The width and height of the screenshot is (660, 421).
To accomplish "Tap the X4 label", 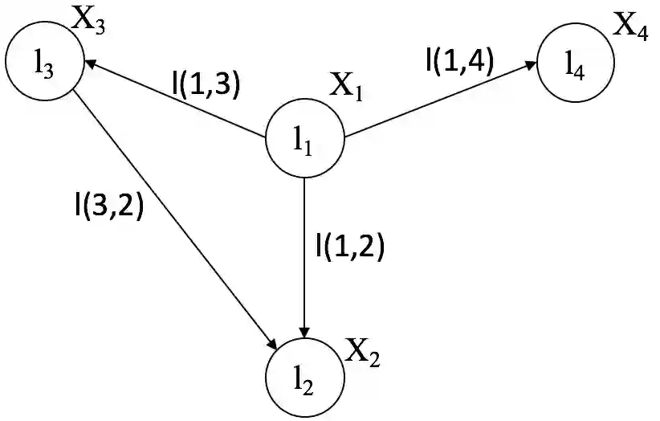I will coord(632,26).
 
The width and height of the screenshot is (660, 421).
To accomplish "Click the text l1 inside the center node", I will coord(302,142).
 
